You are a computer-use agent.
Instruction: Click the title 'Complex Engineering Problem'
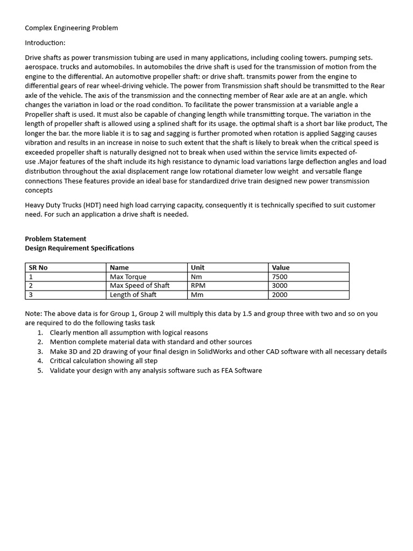(72, 28)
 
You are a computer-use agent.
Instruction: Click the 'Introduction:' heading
(45, 43)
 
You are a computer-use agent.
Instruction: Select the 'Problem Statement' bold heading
(55, 239)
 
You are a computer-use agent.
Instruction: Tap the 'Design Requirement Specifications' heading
(80, 248)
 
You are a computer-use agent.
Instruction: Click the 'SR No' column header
(38, 267)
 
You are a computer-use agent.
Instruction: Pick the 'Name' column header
(119, 267)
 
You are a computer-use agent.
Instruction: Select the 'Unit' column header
(197, 267)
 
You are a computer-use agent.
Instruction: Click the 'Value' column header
(281, 267)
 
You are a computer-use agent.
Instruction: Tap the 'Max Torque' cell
(128, 277)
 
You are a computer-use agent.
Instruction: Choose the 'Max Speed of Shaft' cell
(140, 286)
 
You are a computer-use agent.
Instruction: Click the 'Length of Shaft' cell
(133, 295)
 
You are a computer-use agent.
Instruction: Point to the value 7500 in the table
(280, 277)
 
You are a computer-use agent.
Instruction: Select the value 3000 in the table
(280, 286)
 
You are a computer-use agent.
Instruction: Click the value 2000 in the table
(280, 295)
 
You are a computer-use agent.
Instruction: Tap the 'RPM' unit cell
(198, 286)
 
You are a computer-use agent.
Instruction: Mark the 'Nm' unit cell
(196, 277)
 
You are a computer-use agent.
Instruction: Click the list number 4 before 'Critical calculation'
(40, 361)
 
